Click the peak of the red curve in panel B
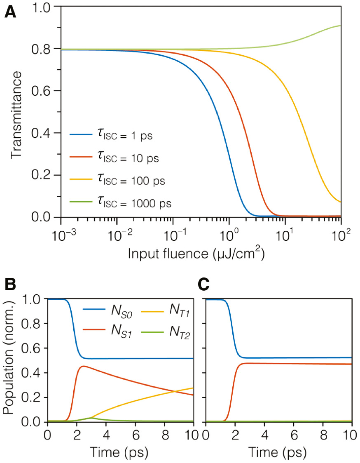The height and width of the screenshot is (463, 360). point(84,366)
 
